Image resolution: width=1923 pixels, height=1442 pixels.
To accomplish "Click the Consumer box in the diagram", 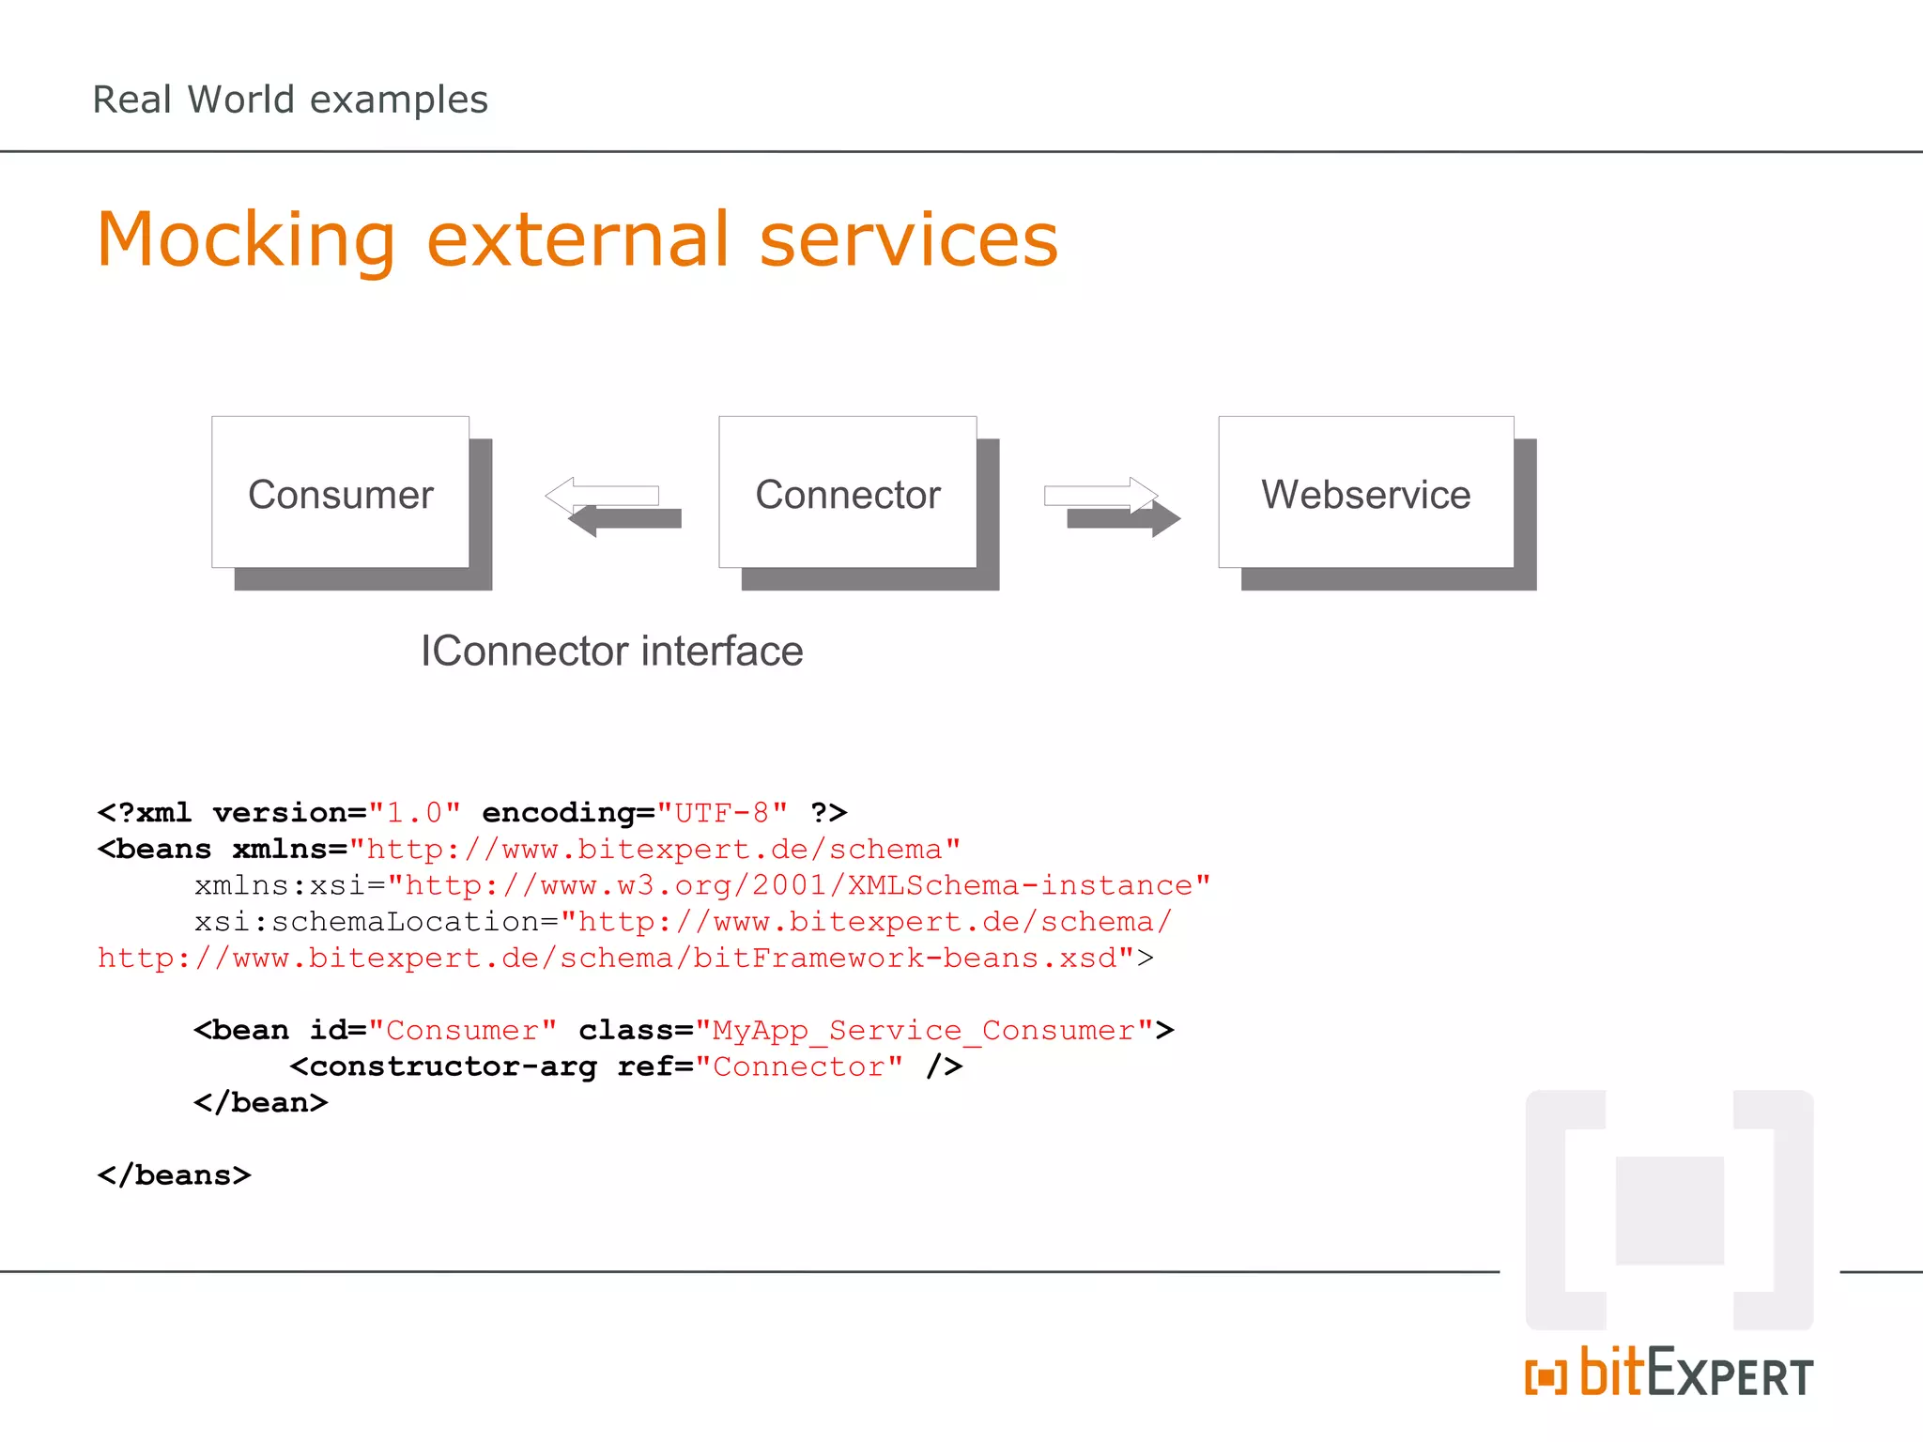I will click(340, 493).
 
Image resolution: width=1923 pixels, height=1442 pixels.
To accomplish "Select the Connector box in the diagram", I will click(847, 493).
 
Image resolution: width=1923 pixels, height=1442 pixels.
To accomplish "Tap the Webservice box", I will click(1365, 493).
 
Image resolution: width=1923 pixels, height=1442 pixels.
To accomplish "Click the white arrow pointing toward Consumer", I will click(603, 495).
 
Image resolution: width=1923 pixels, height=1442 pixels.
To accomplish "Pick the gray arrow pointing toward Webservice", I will click(1123, 518).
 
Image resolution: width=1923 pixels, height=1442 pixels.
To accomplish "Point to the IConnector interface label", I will click(611, 651).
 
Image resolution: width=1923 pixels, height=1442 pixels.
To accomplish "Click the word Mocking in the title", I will click(246, 240).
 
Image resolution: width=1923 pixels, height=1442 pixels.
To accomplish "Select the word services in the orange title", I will click(908, 240).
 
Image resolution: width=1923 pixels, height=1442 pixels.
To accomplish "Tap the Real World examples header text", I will click(290, 100).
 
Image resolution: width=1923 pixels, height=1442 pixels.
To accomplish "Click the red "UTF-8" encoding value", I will click(721, 812).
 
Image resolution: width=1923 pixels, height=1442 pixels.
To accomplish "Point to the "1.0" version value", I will click(414, 812).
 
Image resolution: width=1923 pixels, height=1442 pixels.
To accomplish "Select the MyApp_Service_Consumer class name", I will click(924, 1030).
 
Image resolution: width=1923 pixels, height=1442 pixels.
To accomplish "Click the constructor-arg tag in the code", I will click(453, 1066).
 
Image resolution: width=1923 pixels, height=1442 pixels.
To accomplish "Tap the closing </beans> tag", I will click(174, 1174).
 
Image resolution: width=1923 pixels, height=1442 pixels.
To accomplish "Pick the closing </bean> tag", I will click(260, 1102).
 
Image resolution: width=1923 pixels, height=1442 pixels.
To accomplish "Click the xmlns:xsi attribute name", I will click(280, 885).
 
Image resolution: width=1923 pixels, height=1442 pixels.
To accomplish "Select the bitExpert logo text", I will click(1695, 1374).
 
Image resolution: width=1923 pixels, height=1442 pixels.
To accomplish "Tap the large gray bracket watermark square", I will click(1669, 1210).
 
